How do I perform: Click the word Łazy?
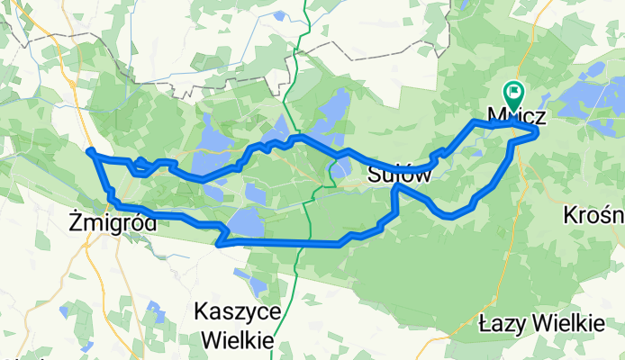pos(503,321)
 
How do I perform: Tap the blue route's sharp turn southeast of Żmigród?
pos(219,241)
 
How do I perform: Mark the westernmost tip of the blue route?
pos(89,150)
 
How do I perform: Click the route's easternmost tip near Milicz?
pos(538,132)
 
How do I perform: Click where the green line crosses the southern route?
pos(300,243)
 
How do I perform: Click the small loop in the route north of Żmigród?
pos(140,163)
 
